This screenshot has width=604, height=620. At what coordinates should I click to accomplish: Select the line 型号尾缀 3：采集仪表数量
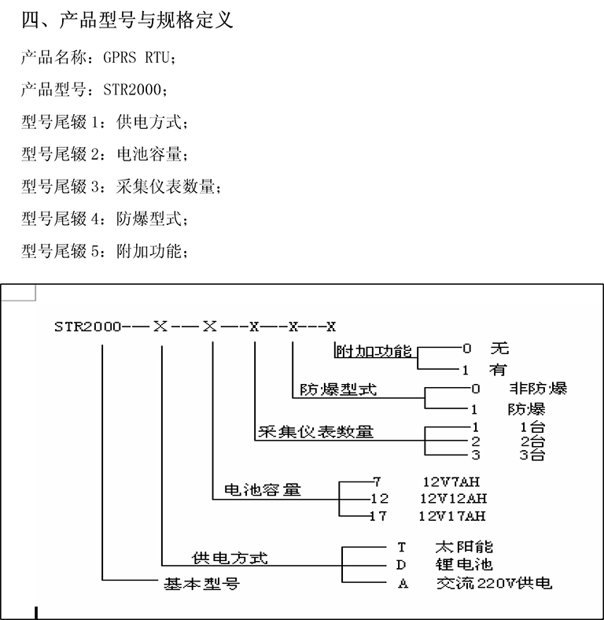click(x=121, y=187)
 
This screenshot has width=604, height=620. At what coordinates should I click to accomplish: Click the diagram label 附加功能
click(x=373, y=351)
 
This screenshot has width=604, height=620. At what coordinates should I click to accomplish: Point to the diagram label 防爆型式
click(x=338, y=389)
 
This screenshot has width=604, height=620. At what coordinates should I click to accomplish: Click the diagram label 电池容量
click(x=263, y=489)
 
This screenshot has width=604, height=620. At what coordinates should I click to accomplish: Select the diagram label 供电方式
click(x=230, y=558)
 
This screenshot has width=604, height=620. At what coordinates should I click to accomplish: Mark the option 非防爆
click(x=537, y=389)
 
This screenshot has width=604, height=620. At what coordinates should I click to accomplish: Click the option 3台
click(x=532, y=455)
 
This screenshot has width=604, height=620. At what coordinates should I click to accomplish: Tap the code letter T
click(x=400, y=546)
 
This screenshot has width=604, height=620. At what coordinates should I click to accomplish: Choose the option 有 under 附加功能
click(x=498, y=369)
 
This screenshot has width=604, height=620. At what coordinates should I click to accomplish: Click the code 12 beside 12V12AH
click(x=379, y=499)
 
